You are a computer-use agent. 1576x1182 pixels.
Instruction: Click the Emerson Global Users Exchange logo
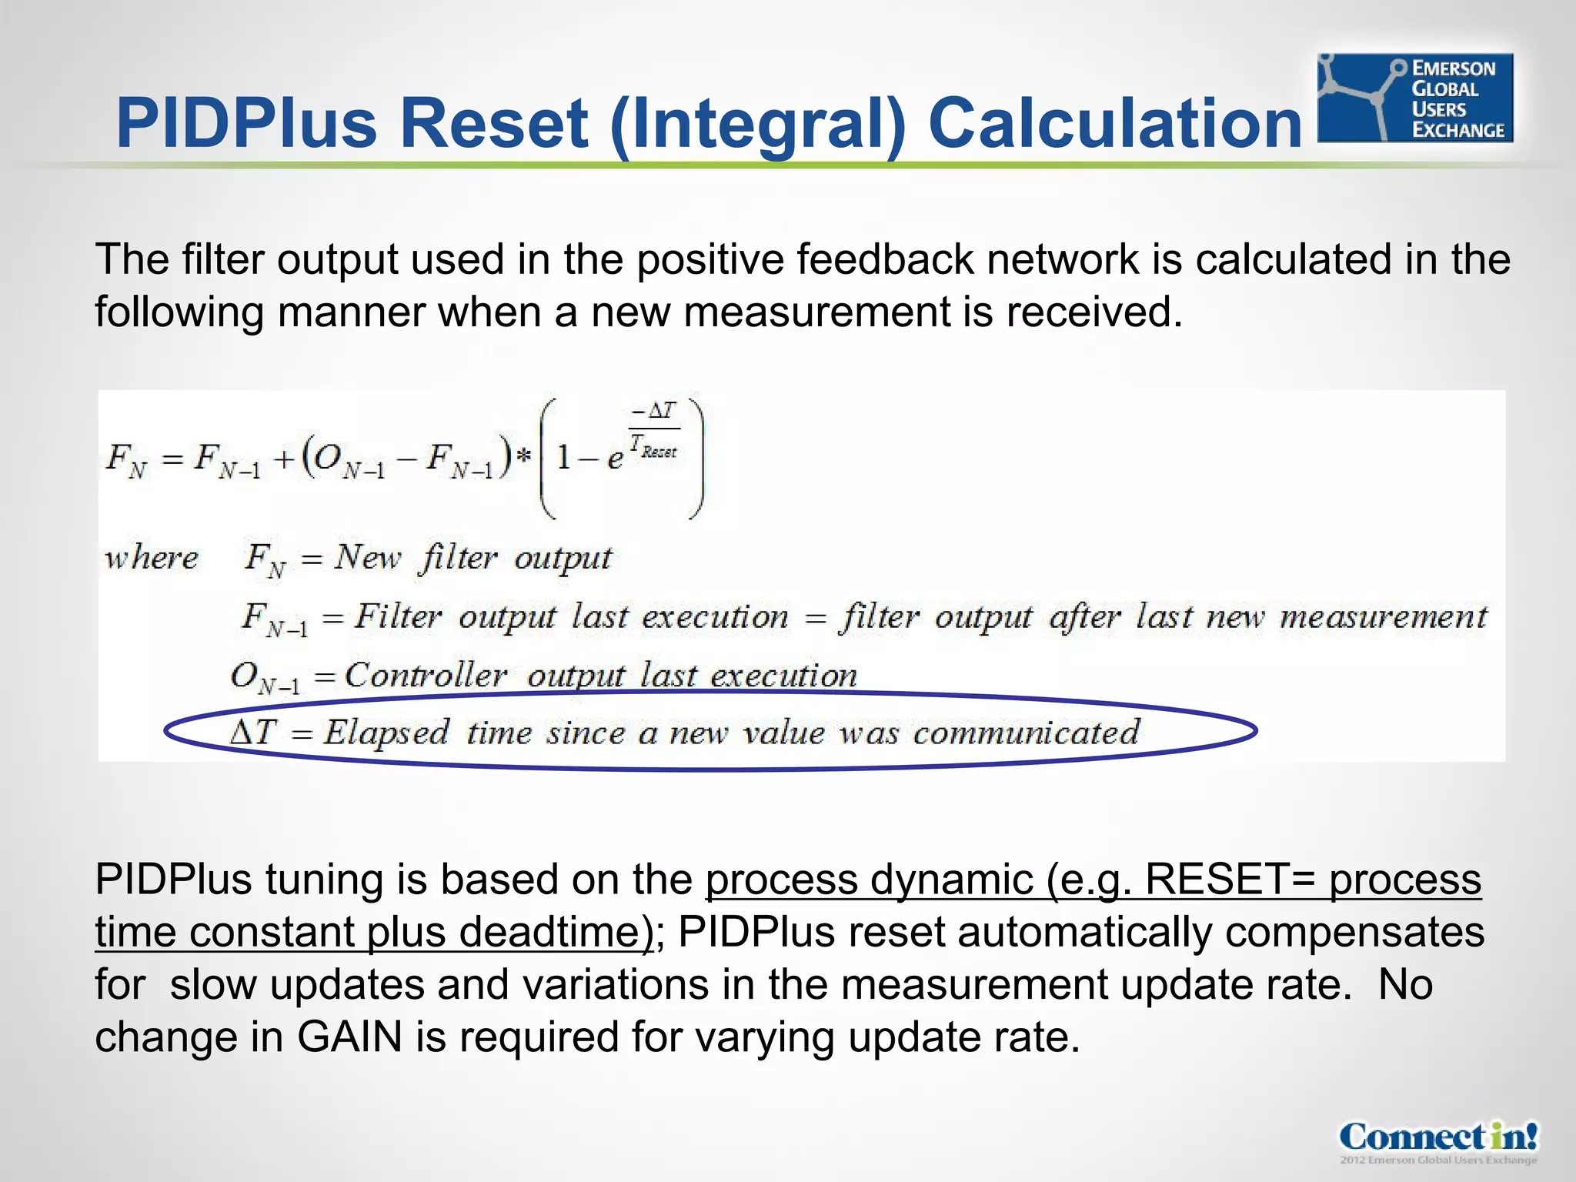click(x=1415, y=98)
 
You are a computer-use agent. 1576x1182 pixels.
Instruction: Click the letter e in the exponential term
click(x=615, y=459)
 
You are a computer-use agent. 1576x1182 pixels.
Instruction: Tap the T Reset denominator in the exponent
click(x=653, y=447)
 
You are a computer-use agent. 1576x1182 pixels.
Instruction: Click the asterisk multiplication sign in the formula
click(x=524, y=456)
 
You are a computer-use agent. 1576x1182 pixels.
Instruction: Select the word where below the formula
click(x=152, y=558)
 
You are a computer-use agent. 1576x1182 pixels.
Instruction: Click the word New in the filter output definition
click(x=367, y=556)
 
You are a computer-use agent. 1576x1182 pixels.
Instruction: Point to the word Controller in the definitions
click(x=425, y=676)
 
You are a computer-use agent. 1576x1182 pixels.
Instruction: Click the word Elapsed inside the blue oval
click(x=386, y=733)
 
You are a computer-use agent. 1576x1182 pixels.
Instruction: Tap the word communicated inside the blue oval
click(x=1026, y=733)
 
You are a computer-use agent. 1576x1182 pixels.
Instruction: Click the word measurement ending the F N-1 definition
click(x=1383, y=617)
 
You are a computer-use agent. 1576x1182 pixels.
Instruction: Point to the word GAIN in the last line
click(x=350, y=1037)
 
